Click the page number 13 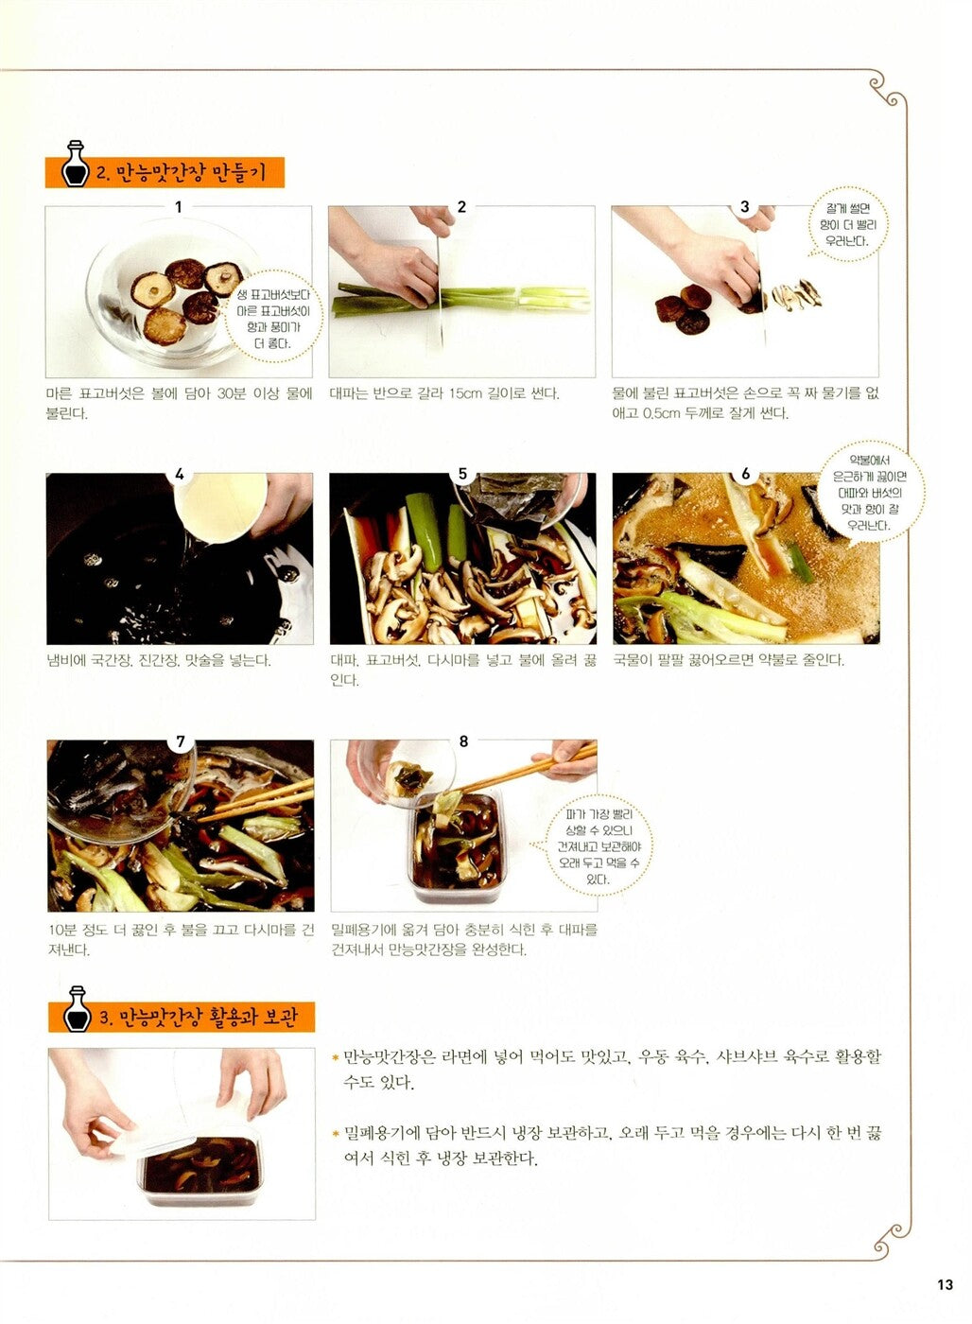[x=945, y=1283]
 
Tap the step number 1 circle [x=178, y=206]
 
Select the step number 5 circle [x=462, y=474]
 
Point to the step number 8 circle [x=463, y=741]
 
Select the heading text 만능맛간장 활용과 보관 [x=208, y=1018]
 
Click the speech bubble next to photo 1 [x=274, y=320]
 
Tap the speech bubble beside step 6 [x=869, y=492]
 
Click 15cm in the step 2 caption [x=465, y=393]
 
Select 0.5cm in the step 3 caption [x=661, y=413]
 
